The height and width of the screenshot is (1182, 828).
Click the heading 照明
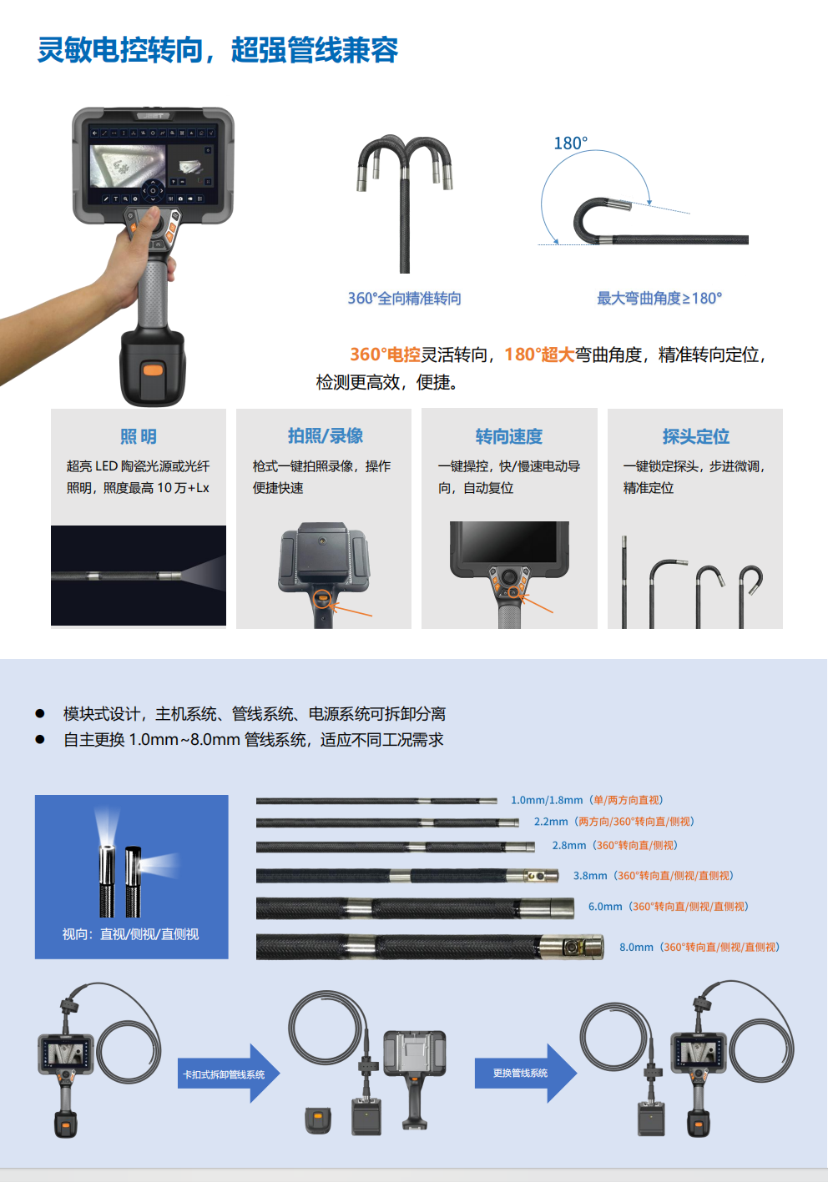pos(139,436)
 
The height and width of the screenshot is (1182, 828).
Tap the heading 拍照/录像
pos(326,436)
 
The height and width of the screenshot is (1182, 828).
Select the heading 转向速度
pos(509,436)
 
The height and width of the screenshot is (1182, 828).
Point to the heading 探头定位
pos(696,436)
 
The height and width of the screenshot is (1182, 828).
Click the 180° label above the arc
pos(570,143)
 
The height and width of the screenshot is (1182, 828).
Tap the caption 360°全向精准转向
pos(405,298)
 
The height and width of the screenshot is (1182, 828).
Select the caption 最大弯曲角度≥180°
pos(659,298)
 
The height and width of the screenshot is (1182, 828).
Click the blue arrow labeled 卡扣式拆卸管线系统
pos(229,1074)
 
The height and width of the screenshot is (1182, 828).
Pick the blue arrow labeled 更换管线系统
pos(526,1073)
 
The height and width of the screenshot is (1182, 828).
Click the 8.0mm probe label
pos(700,947)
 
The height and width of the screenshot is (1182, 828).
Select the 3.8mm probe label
pos(654,875)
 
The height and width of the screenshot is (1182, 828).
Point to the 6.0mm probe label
pos(669,906)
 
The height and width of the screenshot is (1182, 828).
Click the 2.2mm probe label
pos(614,822)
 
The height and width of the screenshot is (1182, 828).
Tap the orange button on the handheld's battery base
pos(153,369)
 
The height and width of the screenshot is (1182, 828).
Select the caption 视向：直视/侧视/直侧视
pos(130,934)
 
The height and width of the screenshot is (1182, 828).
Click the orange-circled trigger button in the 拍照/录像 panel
pos(322,599)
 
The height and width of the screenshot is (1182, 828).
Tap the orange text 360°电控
pos(385,355)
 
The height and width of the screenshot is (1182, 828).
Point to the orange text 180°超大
pos(539,355)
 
